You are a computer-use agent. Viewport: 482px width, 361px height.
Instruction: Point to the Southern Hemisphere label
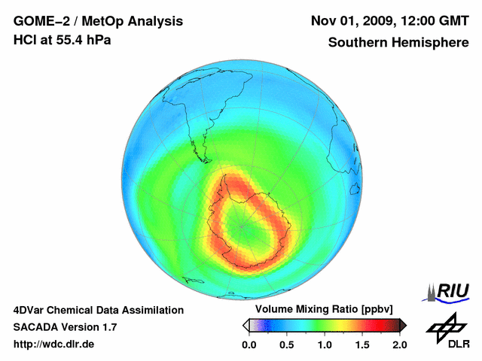coord(398,42)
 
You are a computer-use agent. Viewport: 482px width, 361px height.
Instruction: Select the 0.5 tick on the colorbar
coord(287,344)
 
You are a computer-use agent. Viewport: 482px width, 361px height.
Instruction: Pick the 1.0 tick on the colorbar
coord(325,344)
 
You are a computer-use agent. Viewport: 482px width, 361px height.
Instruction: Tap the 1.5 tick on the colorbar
coord(362,344)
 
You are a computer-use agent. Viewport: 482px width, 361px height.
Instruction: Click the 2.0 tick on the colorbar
coord(399,344)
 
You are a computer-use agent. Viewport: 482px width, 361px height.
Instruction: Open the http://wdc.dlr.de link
coord(54,344)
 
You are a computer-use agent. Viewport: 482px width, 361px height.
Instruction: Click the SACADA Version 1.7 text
coord(66,327)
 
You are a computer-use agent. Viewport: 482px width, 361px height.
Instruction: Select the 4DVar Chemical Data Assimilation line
coord(99,310)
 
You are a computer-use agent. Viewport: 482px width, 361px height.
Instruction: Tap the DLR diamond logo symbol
coord(444,326)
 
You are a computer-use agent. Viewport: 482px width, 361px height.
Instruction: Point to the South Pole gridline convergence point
coord(242,225)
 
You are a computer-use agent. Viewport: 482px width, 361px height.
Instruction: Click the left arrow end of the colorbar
coord(245,325)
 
